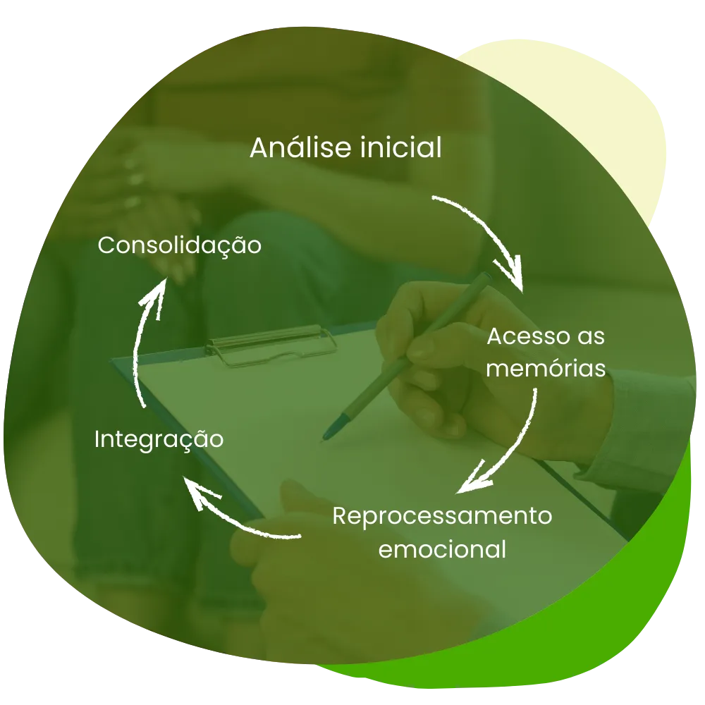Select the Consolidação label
tap(180, 246)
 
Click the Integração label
tap(159, 439)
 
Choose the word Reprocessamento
tap(442, 515)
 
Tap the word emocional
tap(442, 548)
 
